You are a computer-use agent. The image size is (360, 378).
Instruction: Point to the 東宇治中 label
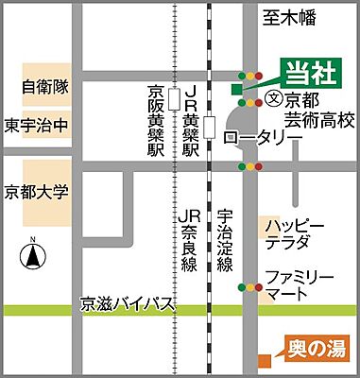click(x=36, y=124)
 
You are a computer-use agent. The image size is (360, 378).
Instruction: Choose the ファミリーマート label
click(x=299, y=287)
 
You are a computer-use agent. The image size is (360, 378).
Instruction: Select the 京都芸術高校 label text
click(x=319, y=110)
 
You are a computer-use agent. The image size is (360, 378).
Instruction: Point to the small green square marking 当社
click(x=235, y=89)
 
